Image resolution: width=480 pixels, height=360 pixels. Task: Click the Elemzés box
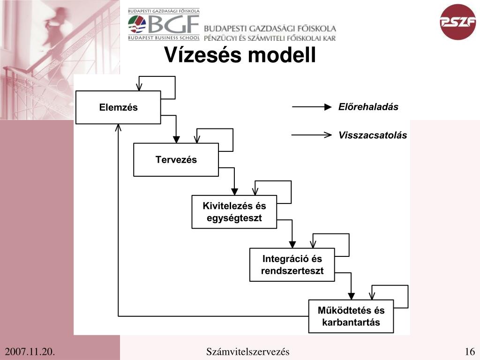coord(118,107)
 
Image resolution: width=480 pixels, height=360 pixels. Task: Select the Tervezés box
coord(176,160)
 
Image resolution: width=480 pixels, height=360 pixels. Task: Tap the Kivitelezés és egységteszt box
coord(234,212)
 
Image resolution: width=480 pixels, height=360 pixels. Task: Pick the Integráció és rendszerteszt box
coord(292,264)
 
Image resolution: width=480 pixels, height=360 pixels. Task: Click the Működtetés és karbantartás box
coord(351,316)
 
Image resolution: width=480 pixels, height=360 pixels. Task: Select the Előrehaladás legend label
coord(368,107)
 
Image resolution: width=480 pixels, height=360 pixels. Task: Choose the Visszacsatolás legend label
coord(373,135)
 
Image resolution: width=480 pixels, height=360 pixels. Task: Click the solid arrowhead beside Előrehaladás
coord(328,107)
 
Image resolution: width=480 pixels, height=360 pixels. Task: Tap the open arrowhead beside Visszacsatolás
coord(328,135)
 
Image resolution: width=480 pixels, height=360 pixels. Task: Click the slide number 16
coord(470,352)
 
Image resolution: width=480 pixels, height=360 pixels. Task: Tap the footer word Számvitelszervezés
coord(248,352)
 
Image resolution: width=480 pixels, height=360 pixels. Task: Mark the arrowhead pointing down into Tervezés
coord(176,139)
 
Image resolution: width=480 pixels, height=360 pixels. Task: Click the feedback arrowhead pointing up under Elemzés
coord(119,127)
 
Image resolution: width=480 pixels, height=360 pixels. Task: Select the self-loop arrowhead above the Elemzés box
coord(139,87)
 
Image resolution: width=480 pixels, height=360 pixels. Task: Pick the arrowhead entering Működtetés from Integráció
coord(351,296)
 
